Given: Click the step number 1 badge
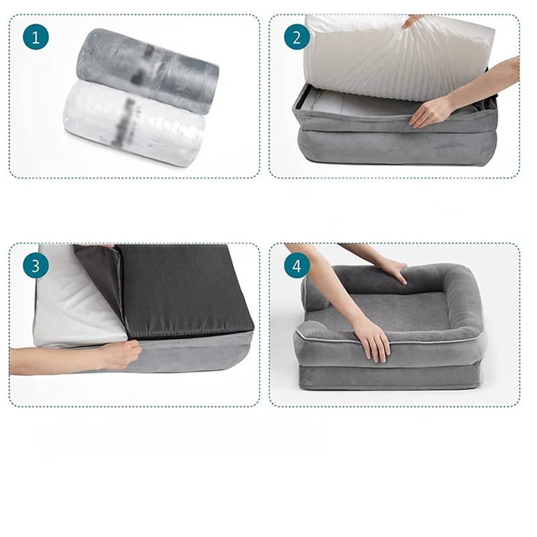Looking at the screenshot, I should click(x=36, y=36).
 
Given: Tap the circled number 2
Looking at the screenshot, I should click(x=297, y=36).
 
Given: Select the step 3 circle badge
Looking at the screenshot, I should click(x=36, y=266).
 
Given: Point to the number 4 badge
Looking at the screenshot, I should click(x=297, y=266).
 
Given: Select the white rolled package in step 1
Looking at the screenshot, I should click(x=134, y=124).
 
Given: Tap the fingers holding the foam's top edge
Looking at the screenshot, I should click(x=412, y=21).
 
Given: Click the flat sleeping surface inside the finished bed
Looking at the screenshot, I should click(x=396, y=309).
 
